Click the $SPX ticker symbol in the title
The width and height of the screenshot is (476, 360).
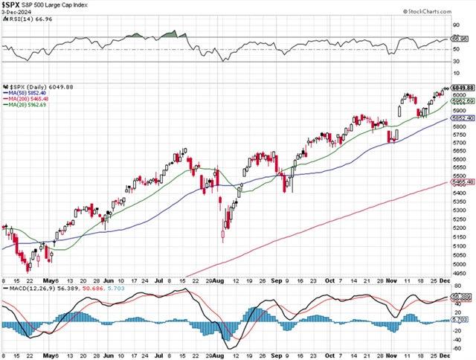pyautogui.click(x=13, y=5)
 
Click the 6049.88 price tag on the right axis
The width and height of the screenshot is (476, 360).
pyautogui.click(x=463, y=87)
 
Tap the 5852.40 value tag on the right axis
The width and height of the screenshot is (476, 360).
pyautogui.click(x=463, y=118)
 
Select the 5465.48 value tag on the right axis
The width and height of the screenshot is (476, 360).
pyautogui.click(x=463, y=181)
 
